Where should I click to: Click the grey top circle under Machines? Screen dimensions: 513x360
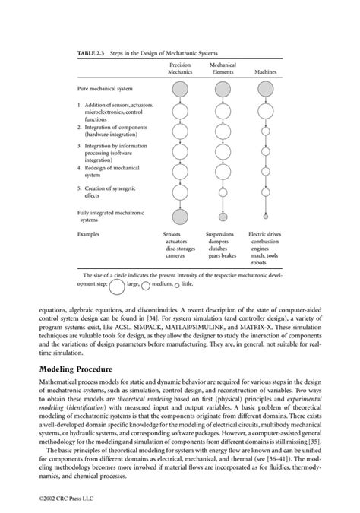click(265, 90)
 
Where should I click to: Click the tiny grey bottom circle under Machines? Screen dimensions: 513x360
click(265, 216)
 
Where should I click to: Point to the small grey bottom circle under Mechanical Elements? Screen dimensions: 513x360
click(223, 216)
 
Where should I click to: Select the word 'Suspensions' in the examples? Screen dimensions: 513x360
click(220, 235)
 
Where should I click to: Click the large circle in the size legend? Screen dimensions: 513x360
click(118, 287)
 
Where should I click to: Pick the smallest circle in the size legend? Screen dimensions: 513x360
click(177, 287)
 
